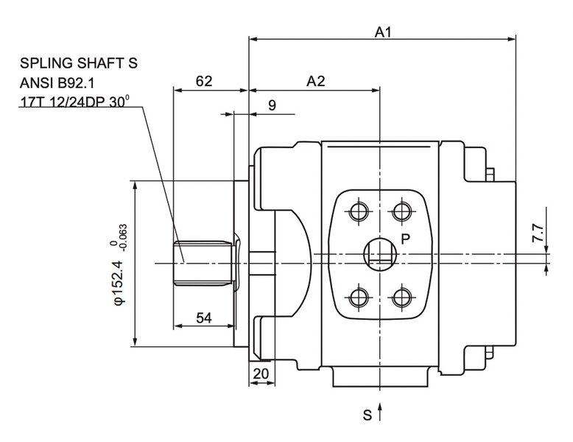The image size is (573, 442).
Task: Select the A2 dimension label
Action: [316, 82]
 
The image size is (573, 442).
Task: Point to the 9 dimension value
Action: [272, 105]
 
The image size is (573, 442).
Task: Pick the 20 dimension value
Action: [261, 373]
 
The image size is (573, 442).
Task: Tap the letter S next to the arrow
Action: [367, 415]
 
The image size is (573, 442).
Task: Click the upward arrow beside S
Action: [380, 413]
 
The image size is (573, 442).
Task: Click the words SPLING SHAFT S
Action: [79, 64]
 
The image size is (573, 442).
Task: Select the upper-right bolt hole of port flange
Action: [401, 212]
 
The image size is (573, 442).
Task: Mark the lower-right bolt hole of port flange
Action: [401, 298]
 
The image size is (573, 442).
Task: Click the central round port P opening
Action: [380, 255]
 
